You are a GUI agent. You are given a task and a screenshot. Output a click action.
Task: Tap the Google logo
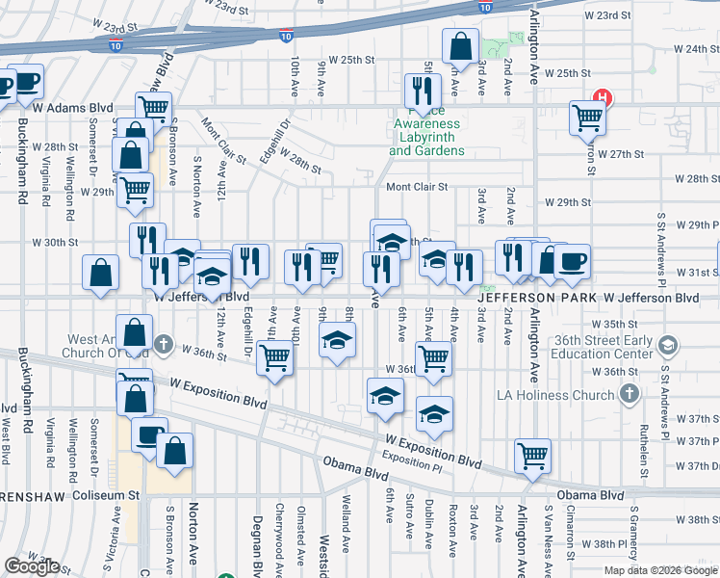[32, 566]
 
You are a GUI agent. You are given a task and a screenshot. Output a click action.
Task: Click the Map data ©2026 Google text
[660, 570]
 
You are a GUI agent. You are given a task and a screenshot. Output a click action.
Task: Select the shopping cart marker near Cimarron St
[587, 118]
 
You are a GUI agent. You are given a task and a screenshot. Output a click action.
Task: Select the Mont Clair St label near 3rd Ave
[417, 188]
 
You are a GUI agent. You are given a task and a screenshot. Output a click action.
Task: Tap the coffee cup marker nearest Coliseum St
[148, 434]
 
